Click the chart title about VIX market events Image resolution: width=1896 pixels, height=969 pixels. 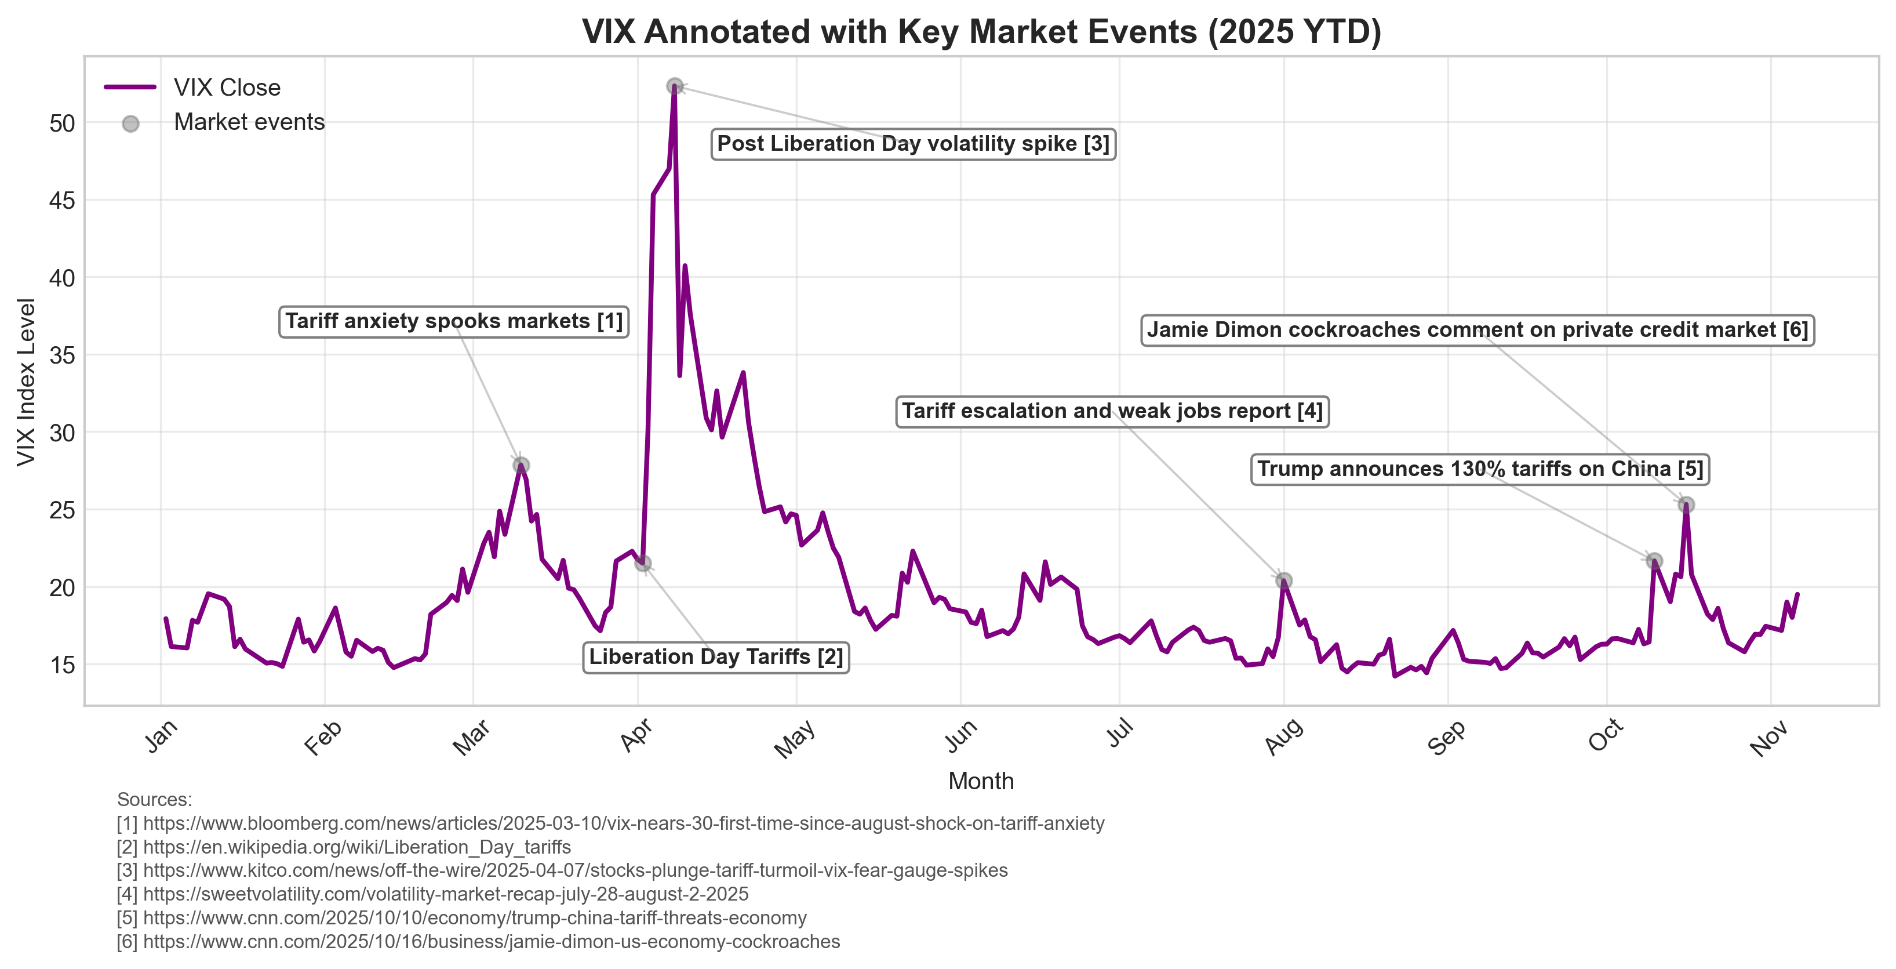[x=981, y=32]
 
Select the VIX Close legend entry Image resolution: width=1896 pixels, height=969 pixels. [x=227, y=88]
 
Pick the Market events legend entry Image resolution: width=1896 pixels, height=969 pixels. [x=249, y=122]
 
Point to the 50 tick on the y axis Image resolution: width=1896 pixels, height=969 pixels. [x=63, y=123]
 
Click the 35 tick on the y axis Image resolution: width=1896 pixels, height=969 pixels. [x=63, y=355]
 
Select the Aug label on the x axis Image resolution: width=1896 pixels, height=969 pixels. [x=1284, y=736]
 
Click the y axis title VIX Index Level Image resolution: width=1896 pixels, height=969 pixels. [x=27, y=382]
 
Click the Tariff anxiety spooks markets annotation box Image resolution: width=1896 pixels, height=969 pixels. [x=453, y=322]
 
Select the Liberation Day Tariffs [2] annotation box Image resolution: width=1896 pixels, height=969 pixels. [x=715, y=657]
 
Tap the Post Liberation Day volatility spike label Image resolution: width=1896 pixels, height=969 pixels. [x=913, y=144]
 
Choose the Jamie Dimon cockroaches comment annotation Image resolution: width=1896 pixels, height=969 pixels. [x=1476, y=330]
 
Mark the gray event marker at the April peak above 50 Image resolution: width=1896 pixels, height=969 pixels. [x=674, y=87]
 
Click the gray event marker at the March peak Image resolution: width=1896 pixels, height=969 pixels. [x=521, y=465]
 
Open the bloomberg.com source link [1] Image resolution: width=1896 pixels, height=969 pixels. [x=623, y=823]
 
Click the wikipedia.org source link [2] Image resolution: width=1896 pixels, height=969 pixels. [x=356, y=847]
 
